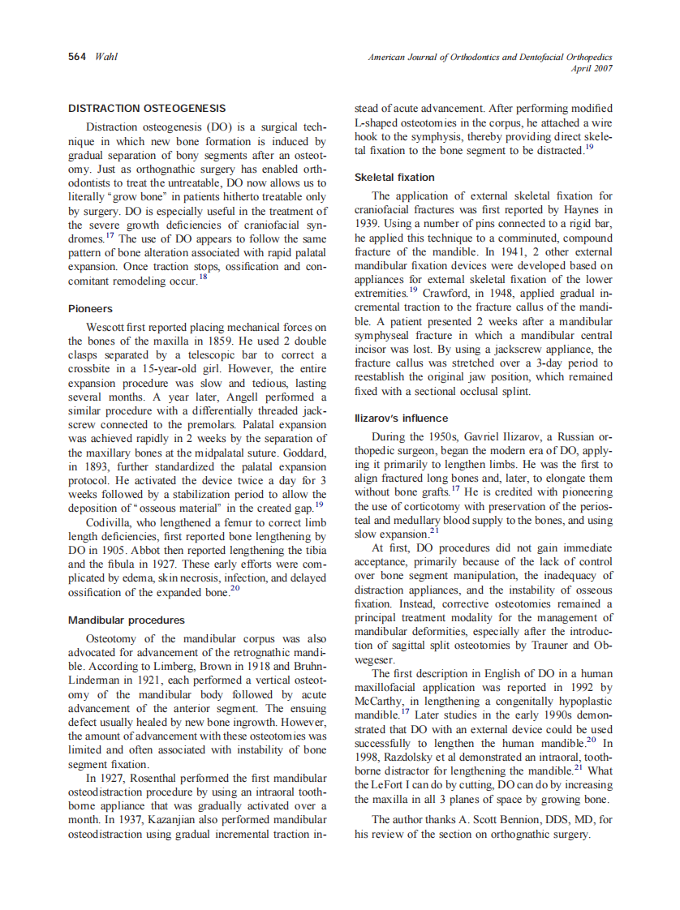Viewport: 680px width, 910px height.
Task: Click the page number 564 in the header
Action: (78, 58)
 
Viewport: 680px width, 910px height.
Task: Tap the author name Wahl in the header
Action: (106, 58)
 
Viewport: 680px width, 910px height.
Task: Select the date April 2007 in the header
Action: (592, 69)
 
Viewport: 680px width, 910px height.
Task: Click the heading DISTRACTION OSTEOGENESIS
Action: (147, 108)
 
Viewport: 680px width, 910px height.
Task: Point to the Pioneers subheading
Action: (90, 309)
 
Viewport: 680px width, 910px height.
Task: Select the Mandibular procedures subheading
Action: (126, 620)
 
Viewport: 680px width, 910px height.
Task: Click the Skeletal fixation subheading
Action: (394, 177)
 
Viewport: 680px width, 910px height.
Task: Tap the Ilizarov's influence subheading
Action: (401, 418)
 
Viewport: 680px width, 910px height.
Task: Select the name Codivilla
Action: (110, 522)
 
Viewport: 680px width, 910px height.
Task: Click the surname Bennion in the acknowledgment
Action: (512, 820)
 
